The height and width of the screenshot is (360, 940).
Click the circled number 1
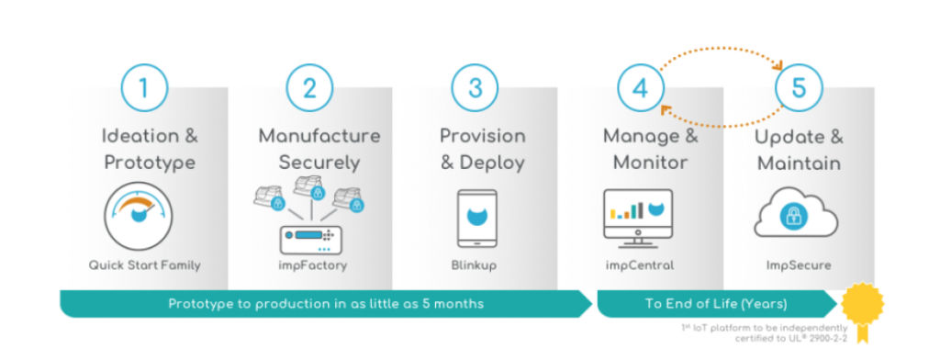pyautogui.click(x=143, y=89)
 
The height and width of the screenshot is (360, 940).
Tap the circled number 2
pyautogui.click(x=309, y=89)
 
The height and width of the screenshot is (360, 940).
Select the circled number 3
pyautogui.click(x=475, y=89)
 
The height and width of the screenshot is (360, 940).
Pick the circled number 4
pyautogui.click(x=640, y=89)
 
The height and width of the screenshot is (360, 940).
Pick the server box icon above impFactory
pyautogui.click(x=309, y=241)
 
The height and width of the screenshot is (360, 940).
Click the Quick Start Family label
pyautogui.click(x=144, y=266)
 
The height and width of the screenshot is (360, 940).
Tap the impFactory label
pyautogui.click(x=309, y=266)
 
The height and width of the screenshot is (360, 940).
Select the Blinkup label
pyautogui.click(x=476, y=266)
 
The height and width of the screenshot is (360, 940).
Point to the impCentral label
pyautogui.click(x=639, y=266)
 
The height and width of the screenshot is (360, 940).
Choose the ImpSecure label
pyautogui.click(x=797, y=266)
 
